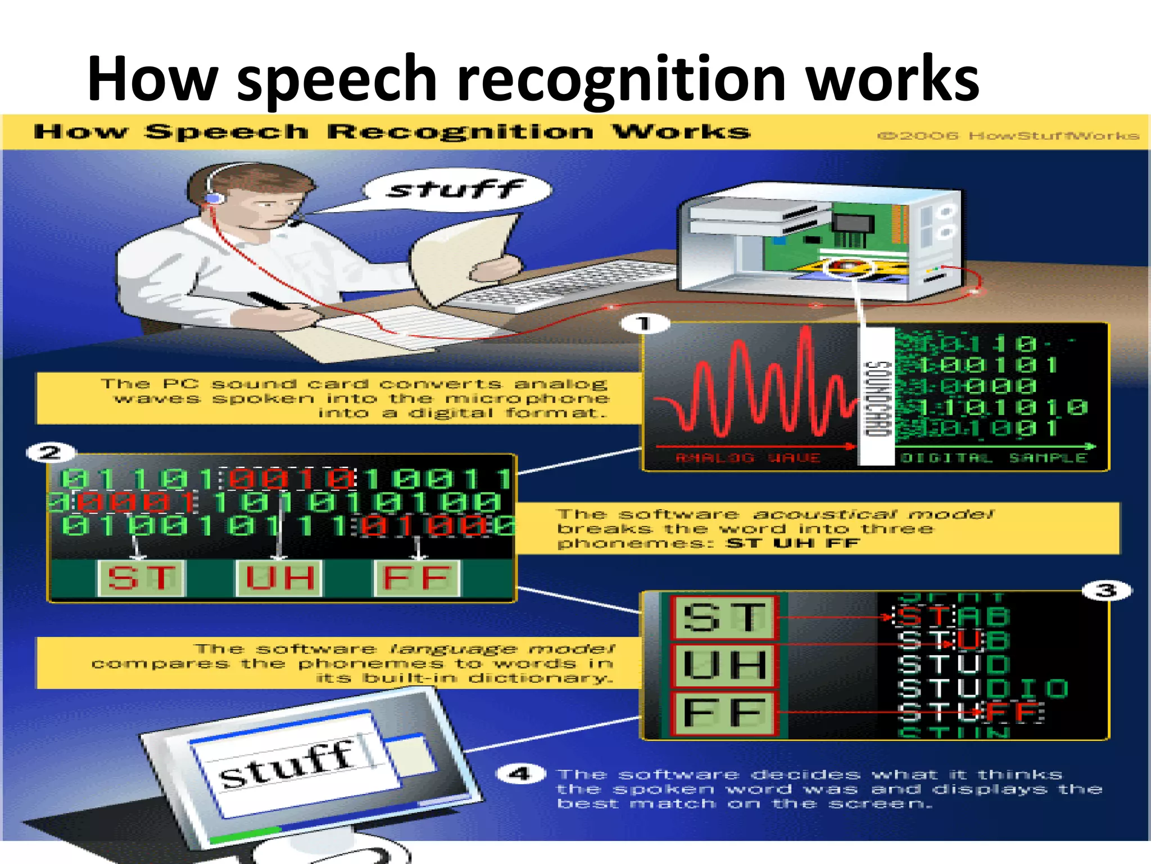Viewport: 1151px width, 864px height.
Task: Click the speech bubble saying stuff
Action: click(x=456, y=190)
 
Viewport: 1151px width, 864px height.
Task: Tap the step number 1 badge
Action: click(x=645, y=323)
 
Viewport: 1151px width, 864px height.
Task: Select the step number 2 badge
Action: click(x=51, y=452)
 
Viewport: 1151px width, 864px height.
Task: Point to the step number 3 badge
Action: click(x=1106, y=591)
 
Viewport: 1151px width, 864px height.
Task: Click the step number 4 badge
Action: click(x=520, y=774)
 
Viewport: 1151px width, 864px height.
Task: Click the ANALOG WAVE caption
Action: click(x=747, y=458)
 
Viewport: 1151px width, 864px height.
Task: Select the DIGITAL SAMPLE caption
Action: click(x=993, y=458)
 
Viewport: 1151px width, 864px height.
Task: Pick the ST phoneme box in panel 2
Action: click(x=141, y=578)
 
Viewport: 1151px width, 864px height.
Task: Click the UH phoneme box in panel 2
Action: click(x=279, y=578)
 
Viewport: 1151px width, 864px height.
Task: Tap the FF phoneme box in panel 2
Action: click(x=417, y=578)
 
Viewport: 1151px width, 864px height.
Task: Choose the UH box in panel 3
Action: click(x=724, y=665)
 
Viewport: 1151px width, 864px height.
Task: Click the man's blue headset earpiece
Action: click(x=214, y=198)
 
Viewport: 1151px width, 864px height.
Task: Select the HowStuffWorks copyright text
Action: click(x=1008, y=136)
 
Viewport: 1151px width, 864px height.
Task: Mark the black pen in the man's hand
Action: click(x=269, y=301)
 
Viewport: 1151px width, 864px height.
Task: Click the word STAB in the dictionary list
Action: click(x=953, y=616)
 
